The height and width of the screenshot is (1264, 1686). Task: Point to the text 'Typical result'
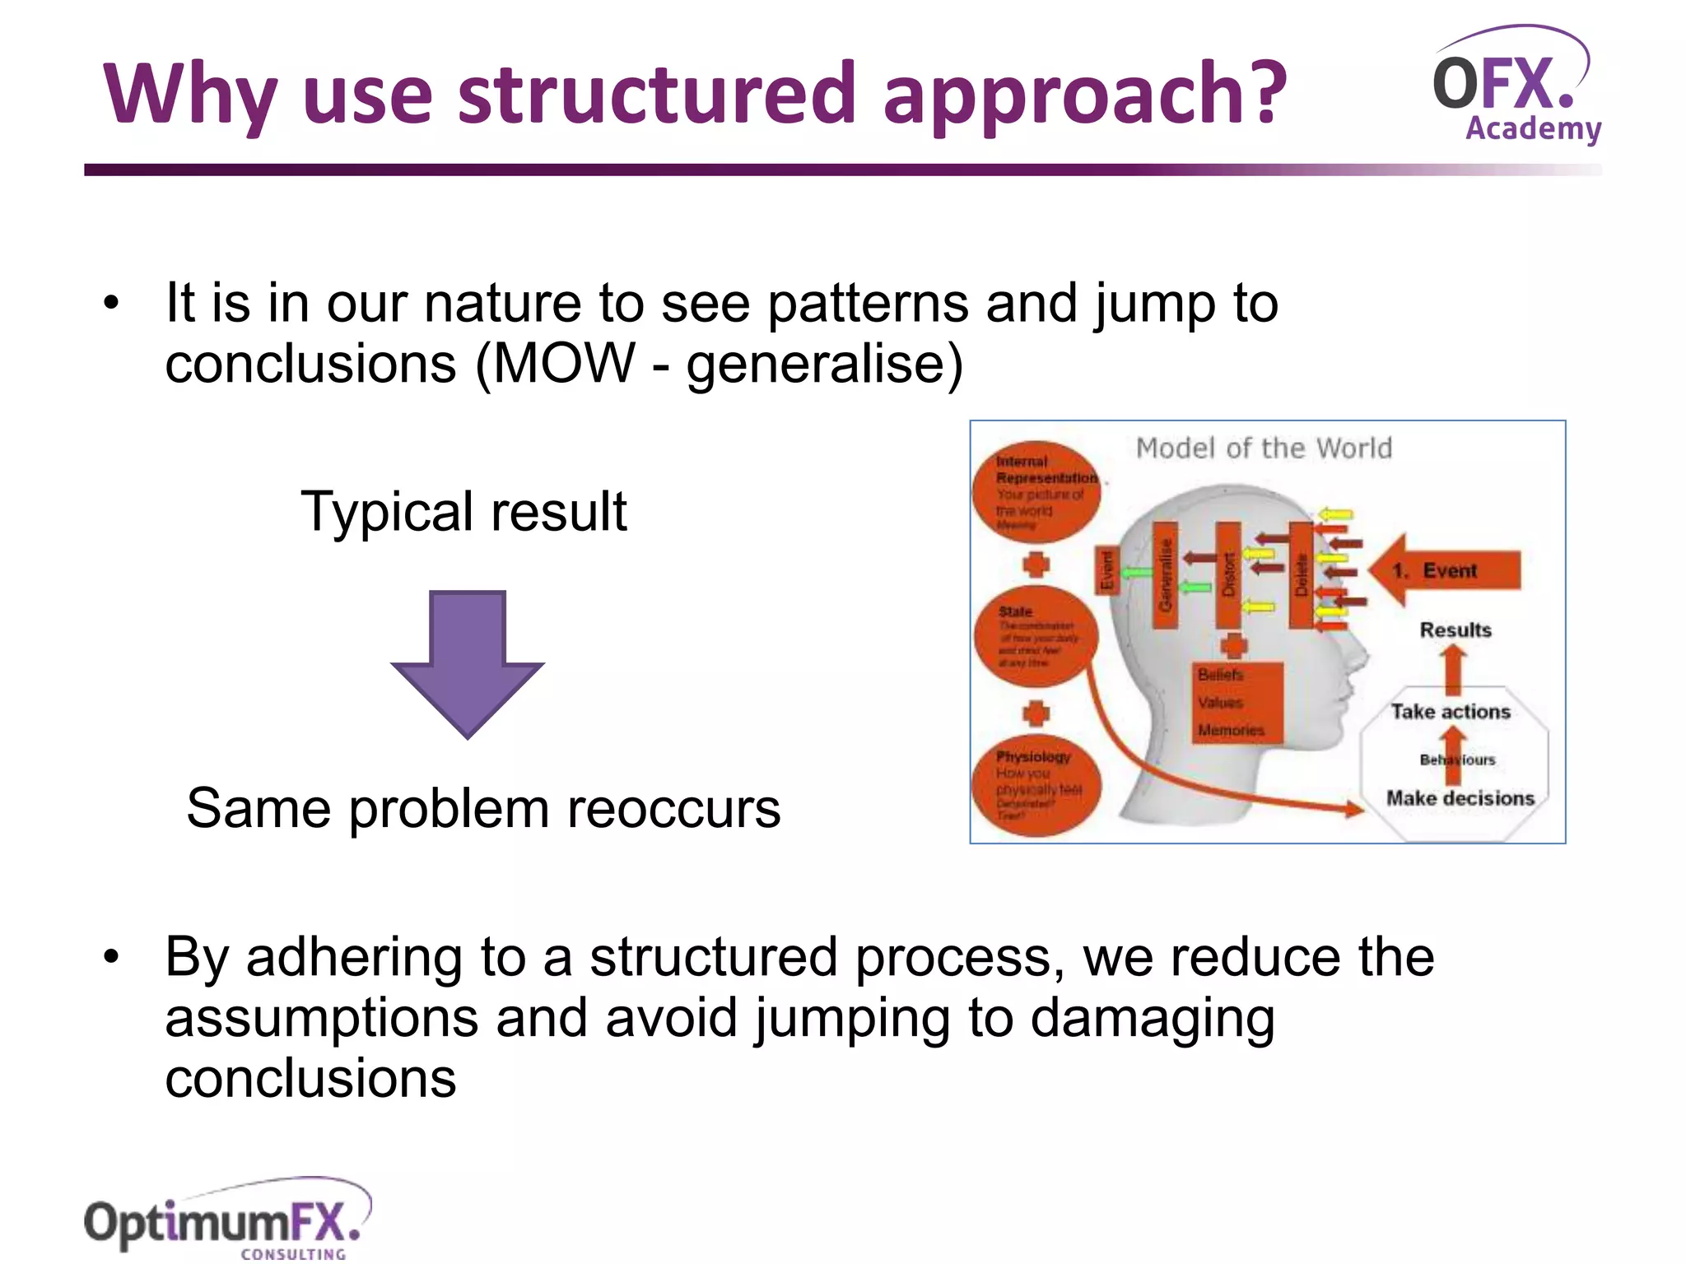click(x=463, y=512)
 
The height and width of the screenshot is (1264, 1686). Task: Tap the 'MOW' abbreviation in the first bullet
click(x=564, y=363)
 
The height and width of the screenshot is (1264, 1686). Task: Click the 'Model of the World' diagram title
click(x=1264, y=448)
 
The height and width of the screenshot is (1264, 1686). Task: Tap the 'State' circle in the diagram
click(x=1036, y=637)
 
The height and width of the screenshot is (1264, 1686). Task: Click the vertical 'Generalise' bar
click(x=1164, y=574)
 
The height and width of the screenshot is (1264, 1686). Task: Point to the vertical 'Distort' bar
click(x=1228, y=574)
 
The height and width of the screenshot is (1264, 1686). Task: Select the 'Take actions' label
click(x=1451, y=712)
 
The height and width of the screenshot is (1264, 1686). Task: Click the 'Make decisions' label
click(x=1460, y=798)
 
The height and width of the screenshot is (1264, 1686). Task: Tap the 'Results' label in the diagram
click(x=1455, y=630)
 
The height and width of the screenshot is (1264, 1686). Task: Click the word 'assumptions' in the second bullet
click(x=321, y=1018)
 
